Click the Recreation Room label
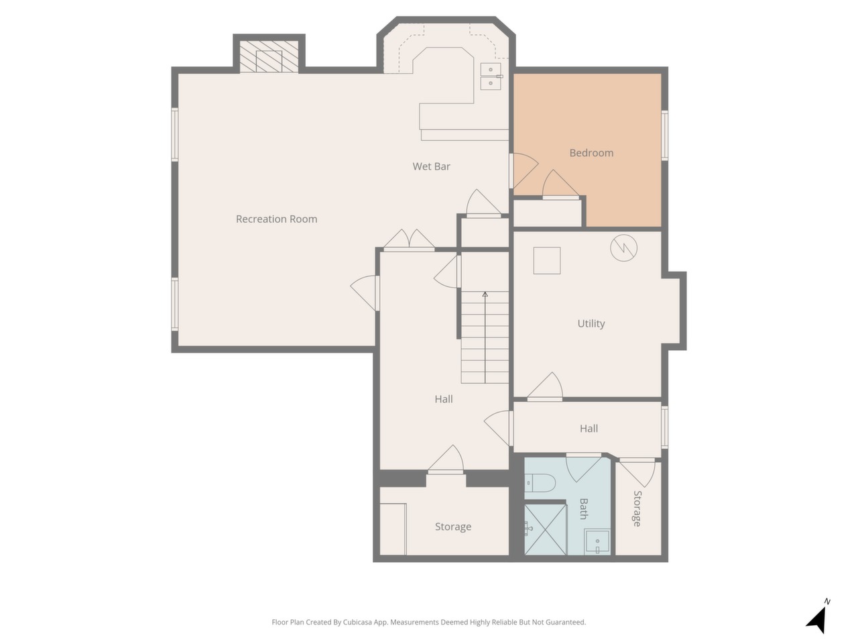tap(276, 219)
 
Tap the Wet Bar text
tap(431, 166)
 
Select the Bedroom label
tap(591, 153)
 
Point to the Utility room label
tap(591, 324)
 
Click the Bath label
tap(583, 508)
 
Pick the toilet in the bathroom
tap(540, 483)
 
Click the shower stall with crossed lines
tap(545, 529)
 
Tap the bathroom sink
tap(597, 541)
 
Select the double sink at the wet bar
tap(491, 76)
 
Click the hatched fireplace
tap(269, 57)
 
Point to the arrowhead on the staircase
tap(485, 294)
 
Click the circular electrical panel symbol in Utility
tap(623, 248)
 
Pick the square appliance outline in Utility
tap(547, 260)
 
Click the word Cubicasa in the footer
tap(358, 622)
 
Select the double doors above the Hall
tap(409, 239)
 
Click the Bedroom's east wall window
tap(664, 136)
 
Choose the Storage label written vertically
tap(637, 508)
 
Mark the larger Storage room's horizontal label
tap(453, 527)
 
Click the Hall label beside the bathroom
tap(589, 429)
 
